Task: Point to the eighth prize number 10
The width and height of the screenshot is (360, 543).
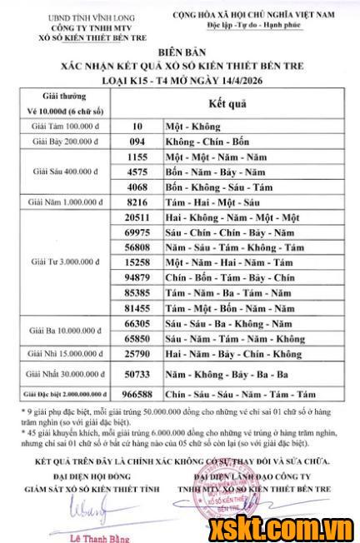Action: [137, 126]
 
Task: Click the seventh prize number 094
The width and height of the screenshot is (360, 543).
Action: [136, 142]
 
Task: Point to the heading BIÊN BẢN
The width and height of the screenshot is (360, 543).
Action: [179, 52]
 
